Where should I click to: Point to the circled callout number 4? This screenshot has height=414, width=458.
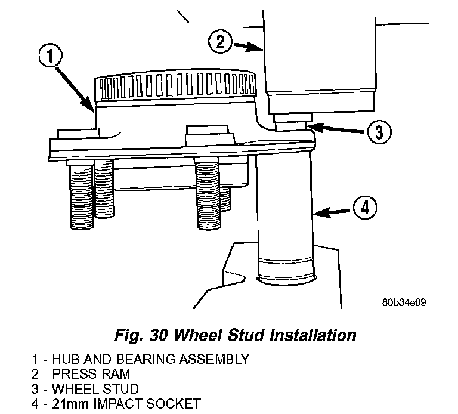pos(365,208)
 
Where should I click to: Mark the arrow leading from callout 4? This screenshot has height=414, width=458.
pos(332,213)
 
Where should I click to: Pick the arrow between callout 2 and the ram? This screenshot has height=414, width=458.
pos(247,47)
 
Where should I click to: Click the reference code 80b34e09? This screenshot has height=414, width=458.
pos(404,302)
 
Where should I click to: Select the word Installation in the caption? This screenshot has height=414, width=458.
pos(313,335)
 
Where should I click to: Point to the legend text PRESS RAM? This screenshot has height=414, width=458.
pos(91,374)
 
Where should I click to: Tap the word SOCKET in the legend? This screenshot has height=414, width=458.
pos(173,404)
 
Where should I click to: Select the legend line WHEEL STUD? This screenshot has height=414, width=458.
pos(95,389)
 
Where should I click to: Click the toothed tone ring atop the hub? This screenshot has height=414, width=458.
pos(175,85)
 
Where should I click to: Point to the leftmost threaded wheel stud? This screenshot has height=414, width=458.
pos(82,194)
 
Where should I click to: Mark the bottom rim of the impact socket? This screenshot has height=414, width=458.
pos(286,279)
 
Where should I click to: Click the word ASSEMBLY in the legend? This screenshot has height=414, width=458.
pos(214,359)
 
